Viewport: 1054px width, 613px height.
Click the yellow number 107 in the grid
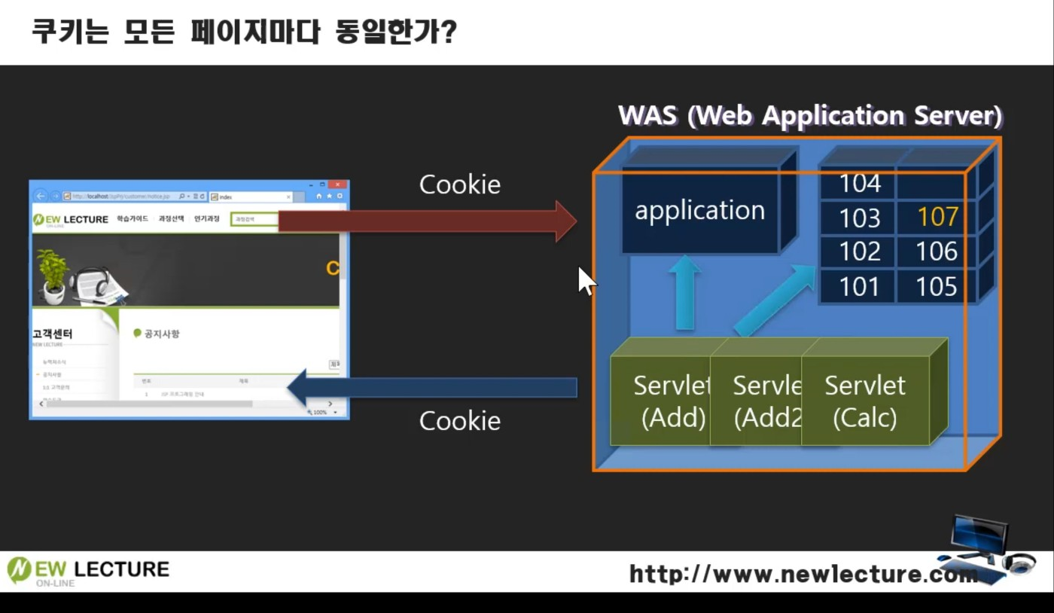coord(937,217)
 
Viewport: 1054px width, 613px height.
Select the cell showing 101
coord(859,286)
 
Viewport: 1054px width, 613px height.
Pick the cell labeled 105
coord(937,286)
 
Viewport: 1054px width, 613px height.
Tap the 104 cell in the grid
coord(859,183)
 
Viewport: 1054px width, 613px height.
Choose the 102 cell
coord(859,252)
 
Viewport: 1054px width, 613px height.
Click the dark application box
coord(700,211)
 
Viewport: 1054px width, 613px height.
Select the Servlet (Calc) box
coord(865,401)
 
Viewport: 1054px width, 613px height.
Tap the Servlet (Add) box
coord(663,401)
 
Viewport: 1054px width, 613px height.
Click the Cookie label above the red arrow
coord(459,185)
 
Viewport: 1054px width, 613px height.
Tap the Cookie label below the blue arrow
coord(459,420)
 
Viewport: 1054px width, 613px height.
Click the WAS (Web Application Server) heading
coord(810,116)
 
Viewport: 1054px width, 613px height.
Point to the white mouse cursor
coord(585,280)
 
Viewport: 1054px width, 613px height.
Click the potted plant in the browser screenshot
coord(53,275)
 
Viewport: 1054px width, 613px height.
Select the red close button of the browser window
coord(338,185)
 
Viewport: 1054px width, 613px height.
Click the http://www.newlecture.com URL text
coord(802,575)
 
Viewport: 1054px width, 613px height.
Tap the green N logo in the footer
coord(19,571)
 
